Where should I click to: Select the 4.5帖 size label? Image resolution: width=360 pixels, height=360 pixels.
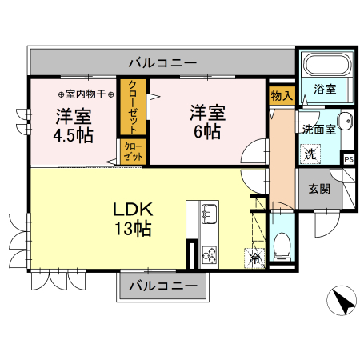73,134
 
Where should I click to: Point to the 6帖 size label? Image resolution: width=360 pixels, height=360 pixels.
207,131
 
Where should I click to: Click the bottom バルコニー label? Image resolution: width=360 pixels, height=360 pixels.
162,286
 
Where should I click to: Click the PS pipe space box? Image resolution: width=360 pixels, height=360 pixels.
348,158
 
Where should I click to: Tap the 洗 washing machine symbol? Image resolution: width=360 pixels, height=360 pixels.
309,152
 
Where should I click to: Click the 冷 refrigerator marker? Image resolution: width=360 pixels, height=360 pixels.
254,258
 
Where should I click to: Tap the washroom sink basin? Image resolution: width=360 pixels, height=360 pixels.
344,122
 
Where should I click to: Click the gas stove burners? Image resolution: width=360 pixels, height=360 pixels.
210,255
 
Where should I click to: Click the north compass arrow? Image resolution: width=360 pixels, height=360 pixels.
342,302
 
